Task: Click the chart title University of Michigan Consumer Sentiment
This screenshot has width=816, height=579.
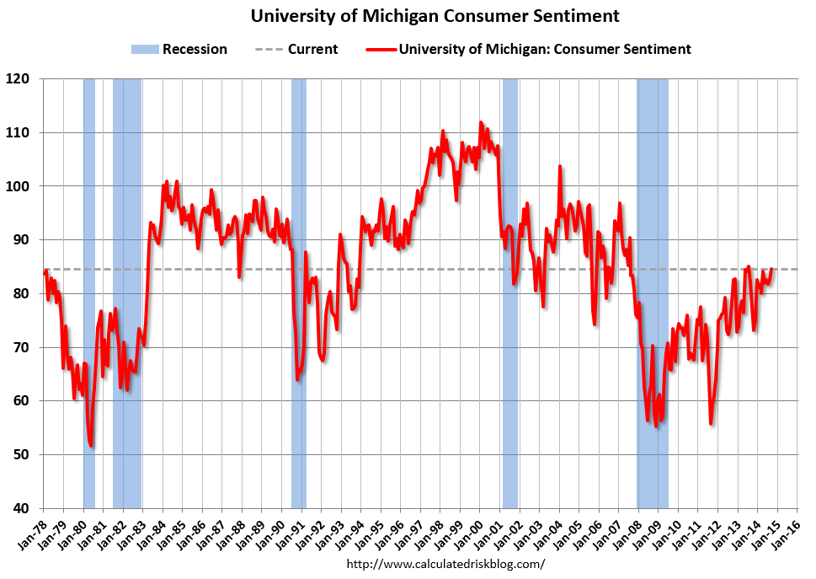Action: [x=435, y=16]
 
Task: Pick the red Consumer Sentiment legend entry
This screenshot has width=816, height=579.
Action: [x=529, y=49]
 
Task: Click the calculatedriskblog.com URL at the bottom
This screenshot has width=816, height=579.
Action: [x=445, y=563]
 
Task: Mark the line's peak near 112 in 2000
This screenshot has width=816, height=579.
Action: [x=481, y=123]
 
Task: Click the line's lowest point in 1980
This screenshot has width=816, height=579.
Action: [x=91, y=446]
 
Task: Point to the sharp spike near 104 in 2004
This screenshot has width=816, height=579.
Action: [x=559, y=167]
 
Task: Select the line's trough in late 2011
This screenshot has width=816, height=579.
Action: [x=712, y=423]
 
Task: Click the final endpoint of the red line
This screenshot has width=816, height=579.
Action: [x=771, y=269]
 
